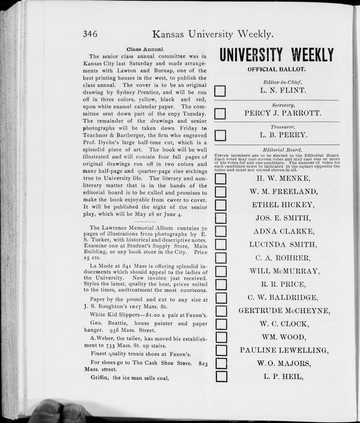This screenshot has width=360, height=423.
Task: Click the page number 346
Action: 95,34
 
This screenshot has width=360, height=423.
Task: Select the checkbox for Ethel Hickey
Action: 221,205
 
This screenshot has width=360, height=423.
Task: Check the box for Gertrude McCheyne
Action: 221,311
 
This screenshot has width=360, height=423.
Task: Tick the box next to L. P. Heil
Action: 221,377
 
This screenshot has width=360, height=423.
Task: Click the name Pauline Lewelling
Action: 284,350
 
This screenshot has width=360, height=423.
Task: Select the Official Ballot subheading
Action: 276,70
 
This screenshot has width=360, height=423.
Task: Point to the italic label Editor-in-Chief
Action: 276,82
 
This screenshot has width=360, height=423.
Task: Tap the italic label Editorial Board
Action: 276,149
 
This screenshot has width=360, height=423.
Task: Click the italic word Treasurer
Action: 276,127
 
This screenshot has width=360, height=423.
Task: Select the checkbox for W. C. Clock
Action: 221,324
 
